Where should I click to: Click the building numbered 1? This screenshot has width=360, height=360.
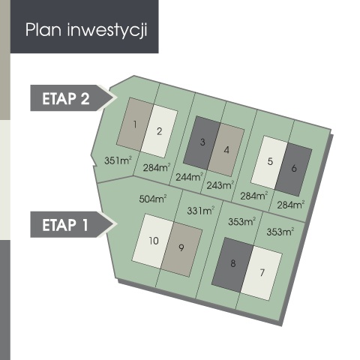point(135,124)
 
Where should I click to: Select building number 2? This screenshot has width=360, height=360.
point(159,131)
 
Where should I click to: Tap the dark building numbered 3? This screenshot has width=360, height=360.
point(202,142)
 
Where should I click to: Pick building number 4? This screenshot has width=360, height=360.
point(226,149)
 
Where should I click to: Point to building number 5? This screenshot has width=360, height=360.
point(269,163)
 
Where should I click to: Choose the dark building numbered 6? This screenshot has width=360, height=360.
point(294,169)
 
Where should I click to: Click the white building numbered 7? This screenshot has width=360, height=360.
point(262,272)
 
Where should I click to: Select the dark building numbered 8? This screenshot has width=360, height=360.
point(232,265)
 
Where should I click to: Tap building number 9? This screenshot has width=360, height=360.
point(181,249)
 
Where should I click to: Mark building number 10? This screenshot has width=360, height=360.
point(153,241)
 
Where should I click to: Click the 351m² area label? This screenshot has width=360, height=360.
point(118,160)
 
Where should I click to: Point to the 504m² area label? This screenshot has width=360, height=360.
point(153,199)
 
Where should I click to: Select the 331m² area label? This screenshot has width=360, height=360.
point(201,211)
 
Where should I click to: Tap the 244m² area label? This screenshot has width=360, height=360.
point(189,177)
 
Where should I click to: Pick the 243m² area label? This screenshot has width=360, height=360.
point(220,185)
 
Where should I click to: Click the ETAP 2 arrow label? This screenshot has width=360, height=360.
point(73,98)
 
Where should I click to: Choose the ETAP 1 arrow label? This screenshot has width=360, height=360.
point(73,224)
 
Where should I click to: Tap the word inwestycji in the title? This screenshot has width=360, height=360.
point(107,31)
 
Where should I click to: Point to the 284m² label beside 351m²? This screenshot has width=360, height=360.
point(157,167)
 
